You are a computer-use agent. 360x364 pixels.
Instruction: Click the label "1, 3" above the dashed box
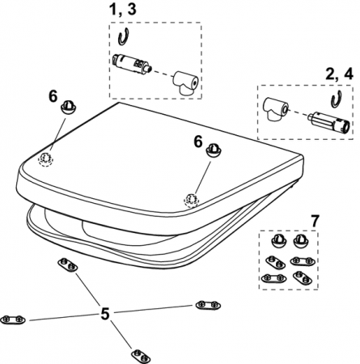(123, 10)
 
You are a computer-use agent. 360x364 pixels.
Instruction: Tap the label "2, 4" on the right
(339, 74)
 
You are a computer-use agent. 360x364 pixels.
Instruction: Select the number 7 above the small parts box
(315, 221)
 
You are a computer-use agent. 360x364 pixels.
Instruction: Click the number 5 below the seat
(105, 314)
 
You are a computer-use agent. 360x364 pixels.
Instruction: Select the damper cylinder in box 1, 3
(131, 63)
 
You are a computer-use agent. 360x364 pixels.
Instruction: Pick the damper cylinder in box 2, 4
(329, 123)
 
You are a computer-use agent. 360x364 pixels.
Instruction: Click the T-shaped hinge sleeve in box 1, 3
(185, 83)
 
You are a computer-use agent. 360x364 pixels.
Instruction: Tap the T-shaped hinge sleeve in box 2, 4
(276, 108)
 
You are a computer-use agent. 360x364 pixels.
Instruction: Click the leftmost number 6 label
(53, 96)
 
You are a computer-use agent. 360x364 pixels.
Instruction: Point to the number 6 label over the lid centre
(198, 142)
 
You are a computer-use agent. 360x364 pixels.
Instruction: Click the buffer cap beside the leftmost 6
(70, 108)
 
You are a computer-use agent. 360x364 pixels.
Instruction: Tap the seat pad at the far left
(13, 320)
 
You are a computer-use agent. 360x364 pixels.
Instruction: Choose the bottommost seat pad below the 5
(141, 356)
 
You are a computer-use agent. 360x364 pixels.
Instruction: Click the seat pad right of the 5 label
(208, 305)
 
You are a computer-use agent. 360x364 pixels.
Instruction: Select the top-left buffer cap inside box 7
(279, 240)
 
